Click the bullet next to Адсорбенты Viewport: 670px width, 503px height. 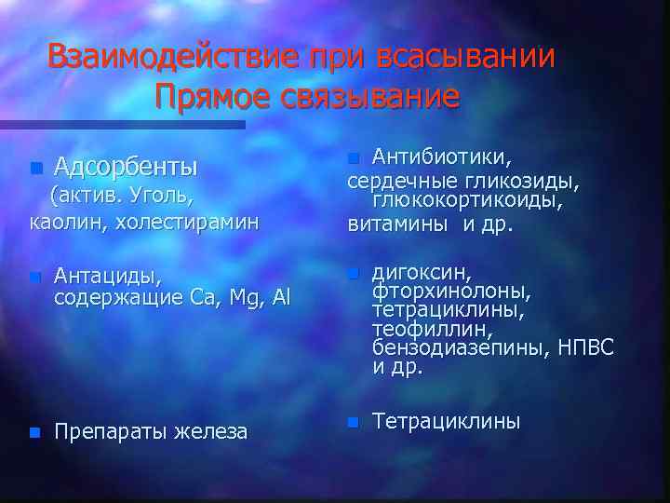click(x=35, y=169)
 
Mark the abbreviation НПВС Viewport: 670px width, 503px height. click(x=587, y=348)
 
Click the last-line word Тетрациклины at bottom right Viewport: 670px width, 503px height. click(x=446, y=422)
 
